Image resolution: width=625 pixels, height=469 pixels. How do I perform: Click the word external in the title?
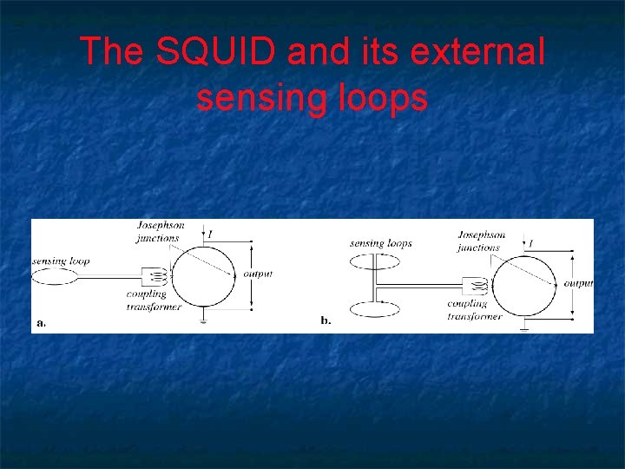pyautogui.click(x=477, y=52)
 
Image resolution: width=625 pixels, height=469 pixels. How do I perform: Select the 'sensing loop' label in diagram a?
pyautogui.click(x=61, y=261)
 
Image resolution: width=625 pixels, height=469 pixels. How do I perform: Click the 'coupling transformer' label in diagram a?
pyautogui.click(x=153, y=300)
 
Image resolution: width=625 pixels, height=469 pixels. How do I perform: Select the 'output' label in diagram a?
pyautogui.click(x=258, y=274)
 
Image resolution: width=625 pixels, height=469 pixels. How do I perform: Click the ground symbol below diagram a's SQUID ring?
pyautogui.click(x=202, y=320)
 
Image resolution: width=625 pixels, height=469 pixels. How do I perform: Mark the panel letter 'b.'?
pyautogui.click(x=326, y=320)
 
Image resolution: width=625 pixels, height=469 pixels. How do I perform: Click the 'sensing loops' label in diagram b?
pyautogui.click(x=380, y=244)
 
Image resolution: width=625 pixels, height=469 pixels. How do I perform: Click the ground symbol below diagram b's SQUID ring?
pyautogui.click(x=524, y=328)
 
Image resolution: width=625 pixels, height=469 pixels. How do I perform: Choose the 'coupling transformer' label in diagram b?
pyautogui.click(x=474, y=310)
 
